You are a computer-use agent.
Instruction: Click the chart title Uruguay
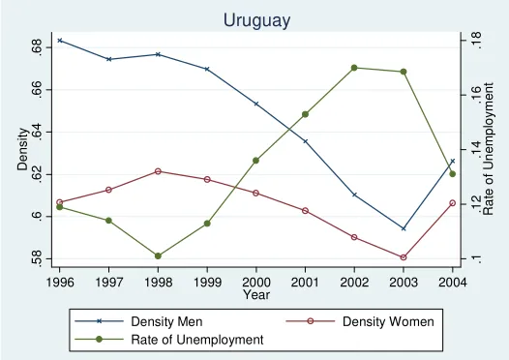click(x=256, y=20)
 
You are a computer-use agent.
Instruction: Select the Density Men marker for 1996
click(x=60, y=41)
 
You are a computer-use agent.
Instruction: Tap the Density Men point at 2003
click(x=404, y=228)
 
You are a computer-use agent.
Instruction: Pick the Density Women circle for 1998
click(x=158, y=171)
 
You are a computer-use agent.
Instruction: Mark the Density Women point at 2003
click(x=404, y=257)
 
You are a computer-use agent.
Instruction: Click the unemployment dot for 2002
click(x=354, y=68)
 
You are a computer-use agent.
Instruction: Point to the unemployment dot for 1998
click(x=158, y=256)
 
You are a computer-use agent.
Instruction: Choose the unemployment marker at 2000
click(x=255, y=161)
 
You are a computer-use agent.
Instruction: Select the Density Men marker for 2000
click(x=256, y=104)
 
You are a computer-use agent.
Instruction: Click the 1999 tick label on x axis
click(x=207, y=282)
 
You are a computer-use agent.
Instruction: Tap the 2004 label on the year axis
click(x=453, y=282)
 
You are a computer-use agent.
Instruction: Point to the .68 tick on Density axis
click(x=39, y=47)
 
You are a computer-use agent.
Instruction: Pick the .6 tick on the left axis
click(x=39, y=217)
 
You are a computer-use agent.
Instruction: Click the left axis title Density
click(x=22, y=149)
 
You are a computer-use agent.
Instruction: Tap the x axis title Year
click(x=256, y=295)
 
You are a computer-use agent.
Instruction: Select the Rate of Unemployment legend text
click(x=197, y=340)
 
